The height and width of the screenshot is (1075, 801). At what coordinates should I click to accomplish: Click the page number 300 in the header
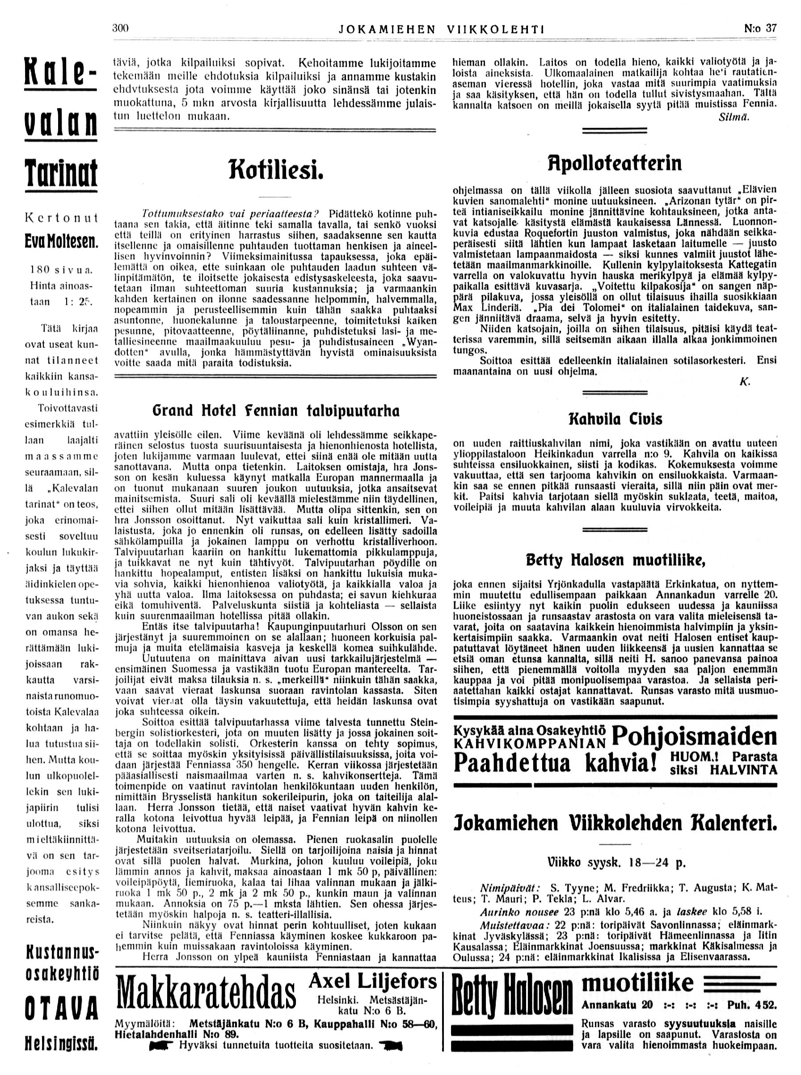120,28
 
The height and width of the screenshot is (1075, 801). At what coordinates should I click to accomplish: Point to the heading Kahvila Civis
615,419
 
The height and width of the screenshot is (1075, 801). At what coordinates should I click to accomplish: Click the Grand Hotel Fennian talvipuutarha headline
275,411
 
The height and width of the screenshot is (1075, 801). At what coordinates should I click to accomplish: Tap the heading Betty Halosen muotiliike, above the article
615,561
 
